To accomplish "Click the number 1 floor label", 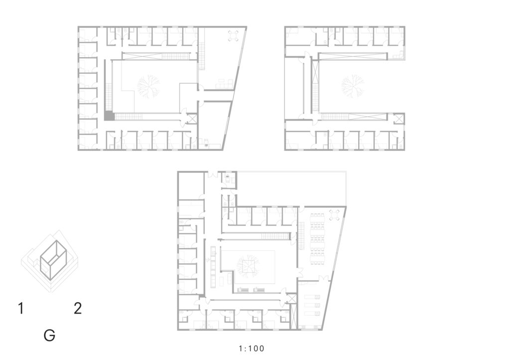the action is [x=21, y=308].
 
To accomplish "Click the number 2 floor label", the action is [x=77, y=308].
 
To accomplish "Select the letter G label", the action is [x=49, y=335].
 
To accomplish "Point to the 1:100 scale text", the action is [x=252, y=349].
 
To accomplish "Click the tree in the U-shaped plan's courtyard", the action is [x=352, y=86].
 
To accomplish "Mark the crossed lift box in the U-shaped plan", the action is [x=398, y=119].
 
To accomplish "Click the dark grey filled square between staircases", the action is [x=108, y=116].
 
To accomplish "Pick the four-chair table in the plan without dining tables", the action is [x=234, y=36].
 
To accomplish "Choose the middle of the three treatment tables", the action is [x=312, y=305].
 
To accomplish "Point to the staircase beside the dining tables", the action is [x=301, y=236].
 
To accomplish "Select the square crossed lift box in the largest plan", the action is [x=291, y=299].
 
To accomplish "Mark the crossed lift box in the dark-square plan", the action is [x=192, y=119].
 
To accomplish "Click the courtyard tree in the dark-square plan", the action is [x=148, y=87].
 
